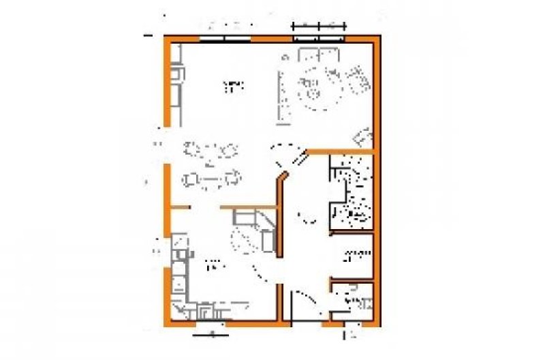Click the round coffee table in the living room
pos(318,89)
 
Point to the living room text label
pos(234,86)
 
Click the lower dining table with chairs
pos(212,179)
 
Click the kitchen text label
pos(214,263)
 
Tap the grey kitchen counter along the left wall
pos(178,273)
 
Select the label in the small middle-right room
pos(356,255)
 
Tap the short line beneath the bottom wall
pos(211,334)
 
